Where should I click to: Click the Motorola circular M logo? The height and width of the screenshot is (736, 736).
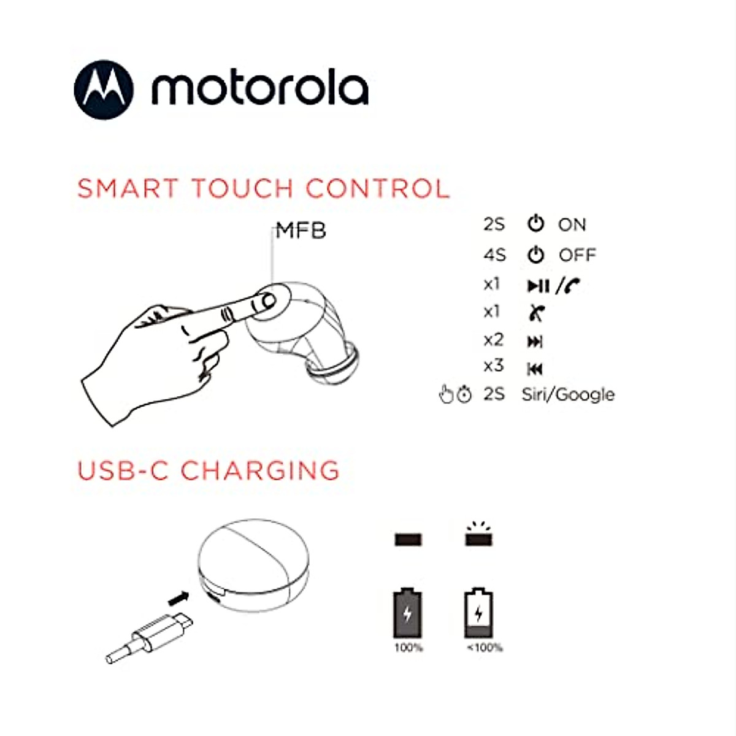(x=103, y=90)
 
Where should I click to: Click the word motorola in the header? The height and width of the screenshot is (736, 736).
(x=260, y=89)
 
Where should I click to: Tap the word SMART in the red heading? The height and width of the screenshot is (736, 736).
(x=128, y=188)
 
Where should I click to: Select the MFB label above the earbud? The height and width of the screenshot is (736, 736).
(x=301, y=231)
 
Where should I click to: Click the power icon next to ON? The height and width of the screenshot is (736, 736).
(x=536, y=224)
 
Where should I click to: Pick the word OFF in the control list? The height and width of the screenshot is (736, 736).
(x=577, y=255)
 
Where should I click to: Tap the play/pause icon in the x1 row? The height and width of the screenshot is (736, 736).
(x=538, y=285)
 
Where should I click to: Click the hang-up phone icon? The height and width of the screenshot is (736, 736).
(x=536, y=313)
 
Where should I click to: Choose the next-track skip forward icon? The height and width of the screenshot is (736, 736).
(x=535, y=342)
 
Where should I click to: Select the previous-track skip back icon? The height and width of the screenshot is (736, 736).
(x=535, y=369)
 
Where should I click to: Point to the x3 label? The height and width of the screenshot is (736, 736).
(x=493, y=366)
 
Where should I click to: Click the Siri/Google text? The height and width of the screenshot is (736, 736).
(x=568, y=394)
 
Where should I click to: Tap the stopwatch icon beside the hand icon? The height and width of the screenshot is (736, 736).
(x=465, y=395)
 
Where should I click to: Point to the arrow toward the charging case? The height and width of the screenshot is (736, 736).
(x=178, y=596)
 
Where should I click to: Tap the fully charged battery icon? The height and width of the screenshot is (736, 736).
(x=408, y=613)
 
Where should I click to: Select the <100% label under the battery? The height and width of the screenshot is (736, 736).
(x=485, y=648)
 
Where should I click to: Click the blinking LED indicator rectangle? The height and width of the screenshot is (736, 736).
(x=480, y=539)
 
